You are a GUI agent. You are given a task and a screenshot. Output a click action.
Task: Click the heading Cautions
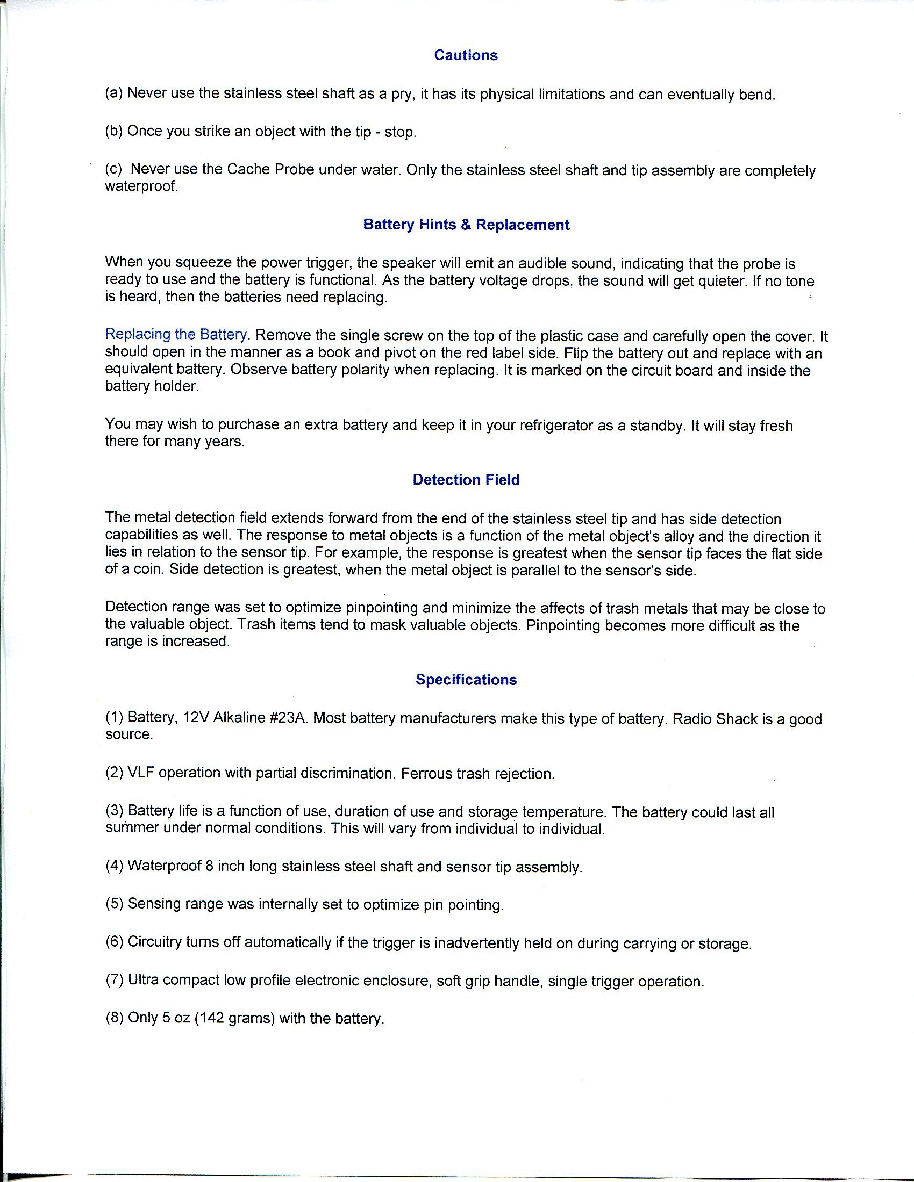pos(466,55)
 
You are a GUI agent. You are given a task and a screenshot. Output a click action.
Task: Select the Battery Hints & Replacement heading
pos(466,225)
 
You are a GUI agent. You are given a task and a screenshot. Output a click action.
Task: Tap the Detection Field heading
pos(466,479)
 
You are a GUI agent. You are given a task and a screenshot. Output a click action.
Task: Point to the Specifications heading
pos(466,679)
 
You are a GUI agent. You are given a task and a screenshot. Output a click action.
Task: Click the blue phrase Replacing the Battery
pos(177,335)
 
